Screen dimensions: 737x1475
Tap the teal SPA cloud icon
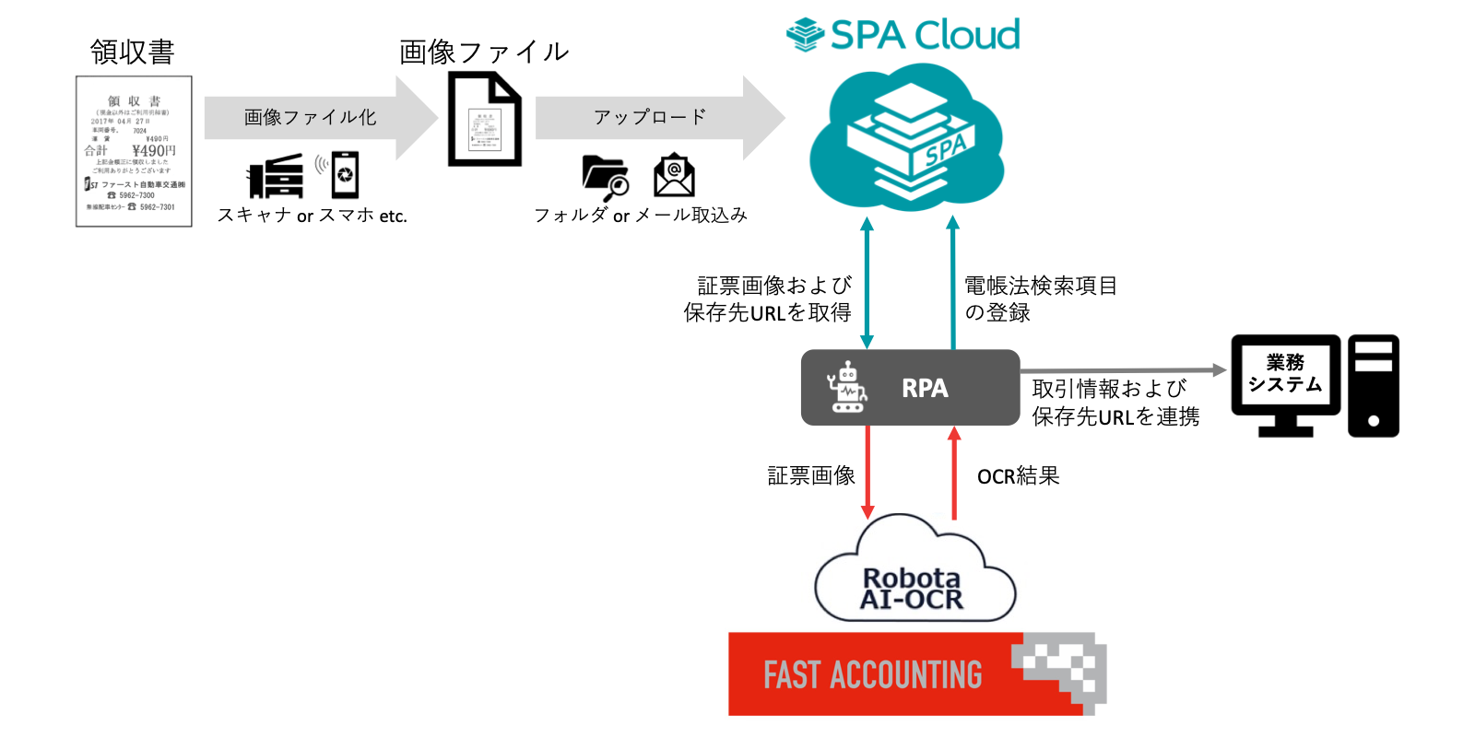tap(907, 138)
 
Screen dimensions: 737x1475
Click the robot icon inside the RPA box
tap(846, 388)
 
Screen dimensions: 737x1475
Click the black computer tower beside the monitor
tap(1373, 385)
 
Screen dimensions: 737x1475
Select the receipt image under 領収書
tap(134, 151)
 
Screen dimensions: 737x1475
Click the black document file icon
tap(484, 120)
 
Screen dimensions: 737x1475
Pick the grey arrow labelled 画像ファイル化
tap(318, 117)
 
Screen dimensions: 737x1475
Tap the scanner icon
tap(276, 176)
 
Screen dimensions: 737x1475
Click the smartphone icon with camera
tap(345, 175)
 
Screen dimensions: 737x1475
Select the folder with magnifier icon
tap(605, 177)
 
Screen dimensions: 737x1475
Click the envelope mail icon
tap(674, 175)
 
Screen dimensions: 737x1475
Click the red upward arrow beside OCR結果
tap(954, 472)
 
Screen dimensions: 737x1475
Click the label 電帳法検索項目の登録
tap(1040, 298)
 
